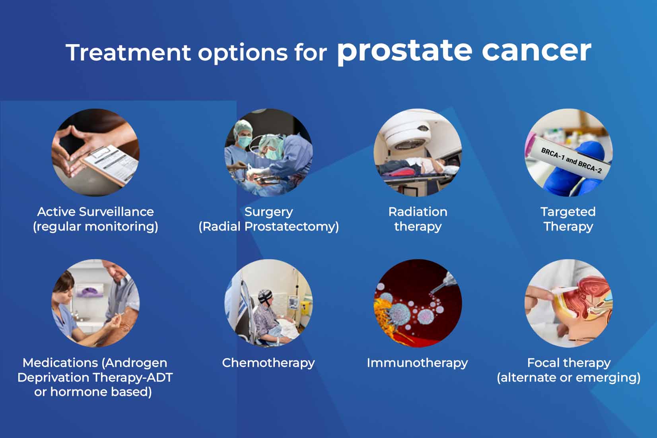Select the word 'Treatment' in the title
click(x=128, y=52)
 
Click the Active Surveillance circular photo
click(x=95, y=153)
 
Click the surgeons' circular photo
click(x=268, y=153)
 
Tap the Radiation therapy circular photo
click(x=418, y=153)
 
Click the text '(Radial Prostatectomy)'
click(x=268, y=227)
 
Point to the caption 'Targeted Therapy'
click(x=568, y=219)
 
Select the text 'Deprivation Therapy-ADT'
click(x=95, y=377)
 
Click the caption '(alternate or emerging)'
click(x=568, y=377)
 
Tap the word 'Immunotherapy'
click(x=417, y=362)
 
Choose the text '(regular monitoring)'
click(x=95, y=227)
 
